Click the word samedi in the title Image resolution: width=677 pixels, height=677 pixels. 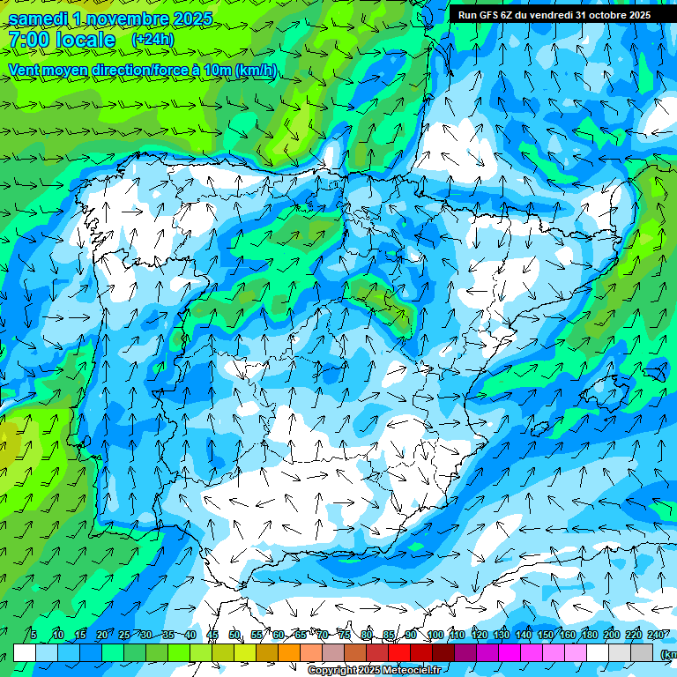tap(37, 19)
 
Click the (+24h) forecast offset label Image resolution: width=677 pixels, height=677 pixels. tap(153, 40)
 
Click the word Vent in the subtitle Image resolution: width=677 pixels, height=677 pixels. tap(24, 71)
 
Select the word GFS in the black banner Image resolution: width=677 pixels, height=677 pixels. tap(488, 15)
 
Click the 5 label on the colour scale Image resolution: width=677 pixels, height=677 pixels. tap(33, 636)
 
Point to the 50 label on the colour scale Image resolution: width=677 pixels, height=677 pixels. tap(234, 636)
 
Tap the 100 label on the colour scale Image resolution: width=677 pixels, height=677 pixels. tap(435, 636)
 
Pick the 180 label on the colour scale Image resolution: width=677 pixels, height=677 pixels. tap(590, 636)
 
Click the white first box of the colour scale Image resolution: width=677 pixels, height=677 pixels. tap(25, 652)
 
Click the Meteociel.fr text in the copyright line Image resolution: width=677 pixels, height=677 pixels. tap(411, 671)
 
